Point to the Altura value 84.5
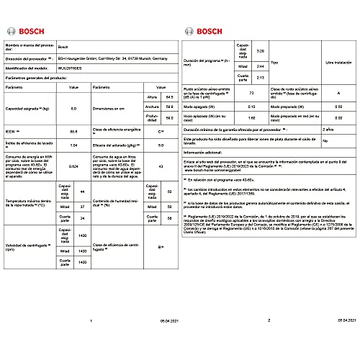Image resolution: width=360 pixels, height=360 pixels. point(170,96)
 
